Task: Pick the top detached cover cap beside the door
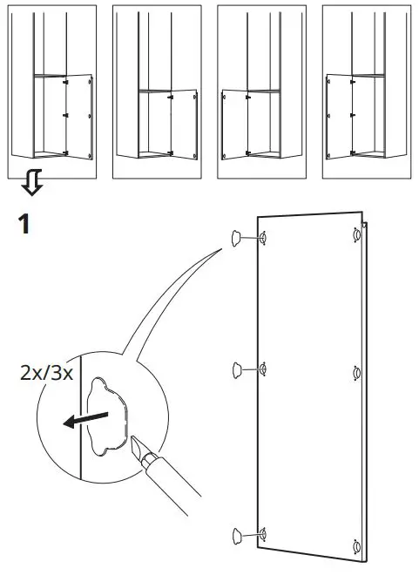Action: click(x=237, y=239)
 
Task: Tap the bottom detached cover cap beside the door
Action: click(x=237, y=534)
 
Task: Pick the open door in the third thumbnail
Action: click(x=235, y=122)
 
